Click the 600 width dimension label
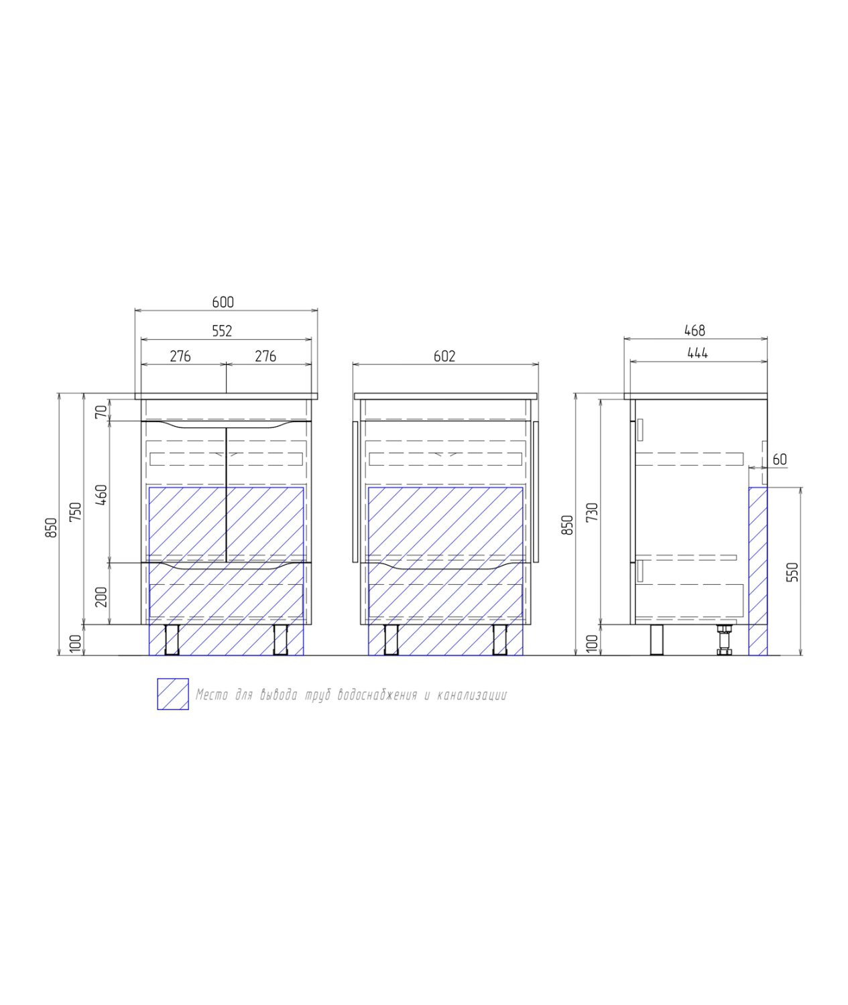tap(223, 302)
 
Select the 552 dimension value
tap(222, 331)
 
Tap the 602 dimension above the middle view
tap(444, 356)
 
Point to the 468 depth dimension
tap(695, 331)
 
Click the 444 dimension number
tap(698, 353)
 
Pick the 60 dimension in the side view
tap(780, 460)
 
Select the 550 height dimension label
tap(792, 572)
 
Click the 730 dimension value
tap(593, 512)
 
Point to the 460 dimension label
tap(102, 495)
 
